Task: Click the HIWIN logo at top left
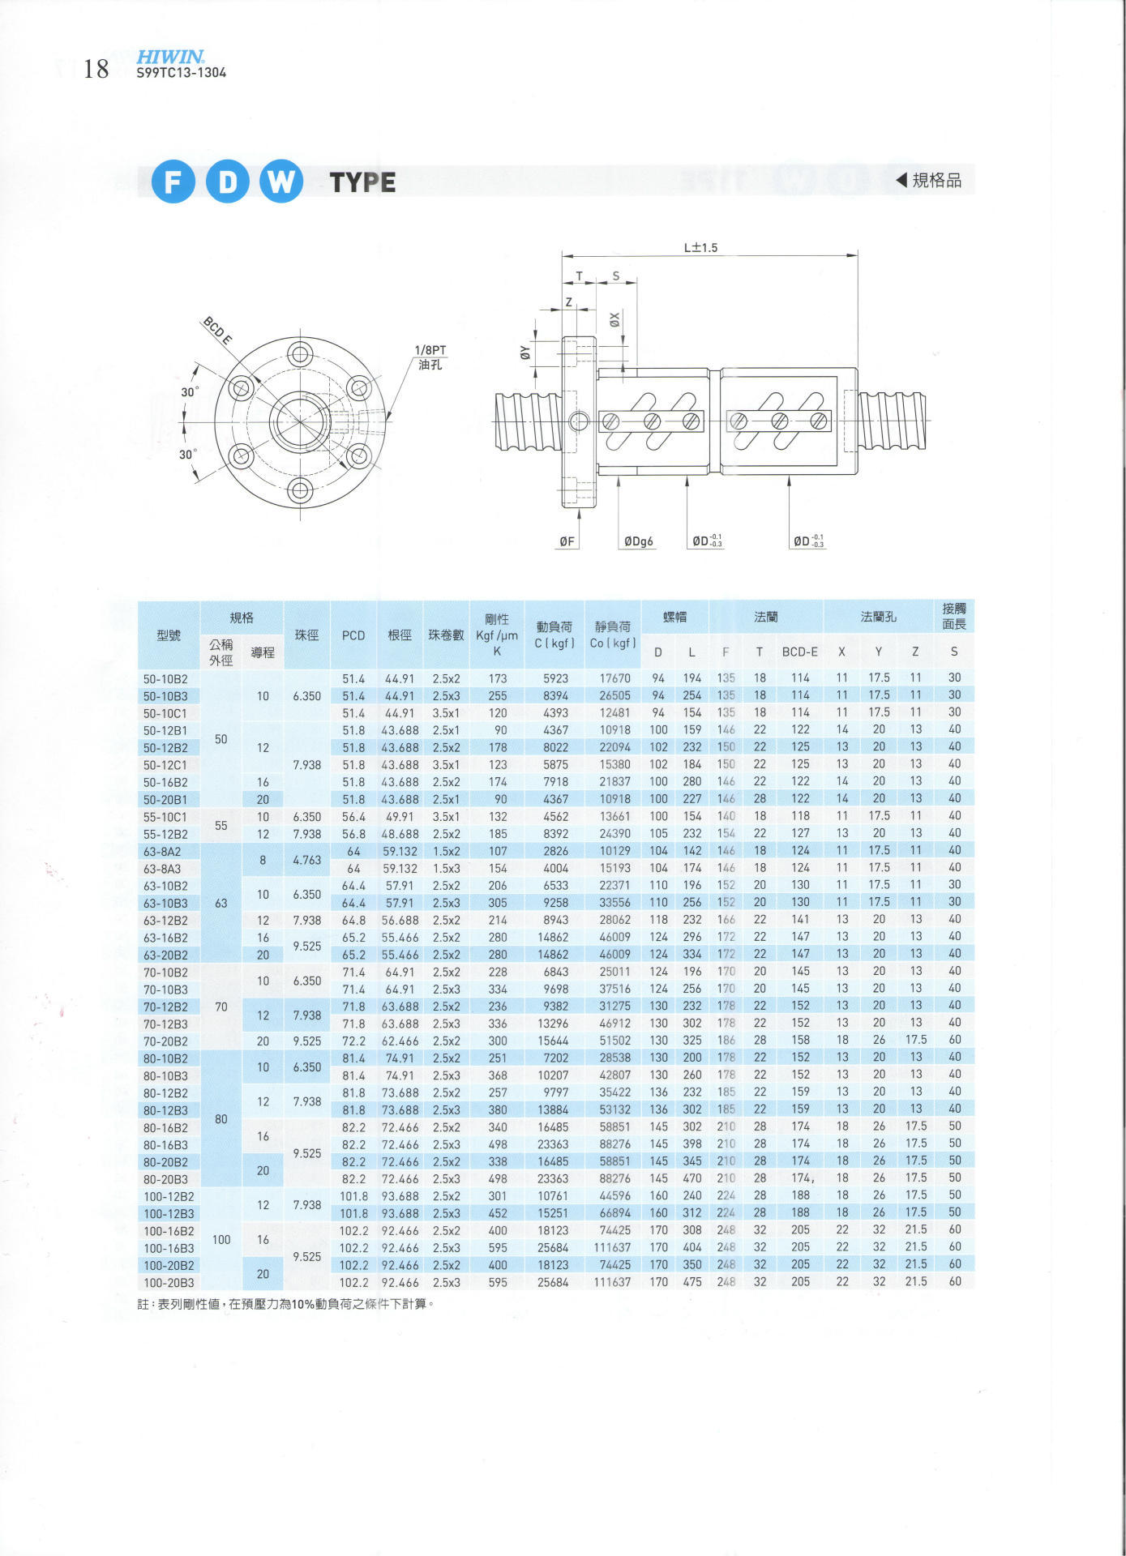(x=170, y=57)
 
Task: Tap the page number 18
(x=96, y=69)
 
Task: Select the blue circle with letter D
(x=227, y=181)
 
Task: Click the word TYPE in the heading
(x=362, y=182)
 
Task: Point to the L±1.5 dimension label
(x=700, y=247)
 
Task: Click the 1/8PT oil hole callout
(x=430, y=357)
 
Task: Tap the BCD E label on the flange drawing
(x=216, y=331)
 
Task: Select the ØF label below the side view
(x=567, y=541)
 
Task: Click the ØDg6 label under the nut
(x=638, y=541)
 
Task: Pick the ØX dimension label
(x=614, y=320)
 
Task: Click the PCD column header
(x=353, y=635)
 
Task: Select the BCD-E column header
(x=800, y=652)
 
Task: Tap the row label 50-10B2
(x=165, y=678)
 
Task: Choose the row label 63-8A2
(x=162, y=852)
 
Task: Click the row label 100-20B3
(x=169, y=1283)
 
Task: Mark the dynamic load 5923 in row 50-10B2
(x=555, y=678)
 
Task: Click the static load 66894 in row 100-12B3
(x=614, y=1213)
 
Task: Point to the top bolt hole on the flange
(x=301, y=354)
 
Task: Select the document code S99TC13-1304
(x=182, y=72)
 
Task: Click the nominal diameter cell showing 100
(x=221, y=1239)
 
